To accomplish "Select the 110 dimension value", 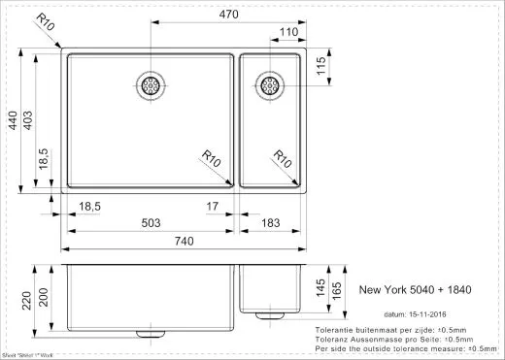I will coord(287,33).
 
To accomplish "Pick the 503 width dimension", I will coord(151,223).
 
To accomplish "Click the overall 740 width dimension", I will coord(184,242).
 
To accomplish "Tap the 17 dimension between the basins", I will coord(213,206).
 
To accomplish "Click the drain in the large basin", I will coord(151,85).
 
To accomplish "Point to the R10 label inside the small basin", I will coord(284,157).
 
